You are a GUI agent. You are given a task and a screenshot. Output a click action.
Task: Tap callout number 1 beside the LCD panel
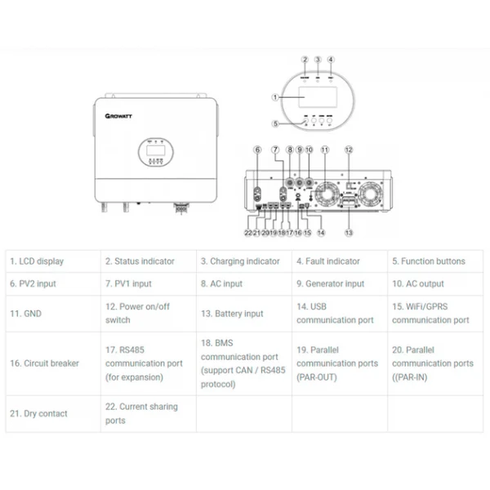[x=275, y=97]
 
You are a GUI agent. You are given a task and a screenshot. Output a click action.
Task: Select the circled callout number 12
[x=348, y=150]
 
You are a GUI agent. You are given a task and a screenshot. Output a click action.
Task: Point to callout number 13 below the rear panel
[x=349, y=233]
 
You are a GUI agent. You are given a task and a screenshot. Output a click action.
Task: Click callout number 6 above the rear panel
[x=257, y=150]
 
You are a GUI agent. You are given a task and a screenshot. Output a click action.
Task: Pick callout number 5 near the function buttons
[x=276, y=123]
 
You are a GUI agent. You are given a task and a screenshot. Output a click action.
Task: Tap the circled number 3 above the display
[x=318, y=60]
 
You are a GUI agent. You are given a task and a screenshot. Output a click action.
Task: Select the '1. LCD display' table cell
[x=37, y=261]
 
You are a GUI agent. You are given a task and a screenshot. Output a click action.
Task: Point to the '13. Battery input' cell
[x=233, y=313]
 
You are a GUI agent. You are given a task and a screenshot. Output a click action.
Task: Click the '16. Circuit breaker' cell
[x=44, y=363]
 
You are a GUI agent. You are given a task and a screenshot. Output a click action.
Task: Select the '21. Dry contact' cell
[x=38, y=413]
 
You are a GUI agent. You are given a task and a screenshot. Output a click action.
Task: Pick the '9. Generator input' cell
[x=330, y=284]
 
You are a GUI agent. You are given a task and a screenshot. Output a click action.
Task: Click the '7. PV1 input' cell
[x=128, y=284]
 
